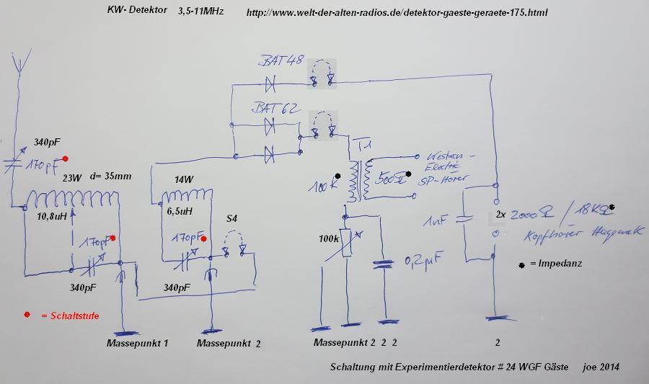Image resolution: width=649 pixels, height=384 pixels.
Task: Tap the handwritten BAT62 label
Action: click(276, 108)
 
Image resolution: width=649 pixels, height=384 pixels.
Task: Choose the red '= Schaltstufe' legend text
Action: click(68, 316)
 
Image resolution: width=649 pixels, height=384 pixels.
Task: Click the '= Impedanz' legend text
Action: click(555, 264)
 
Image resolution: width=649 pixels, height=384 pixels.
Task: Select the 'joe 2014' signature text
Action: click(599, 367)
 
